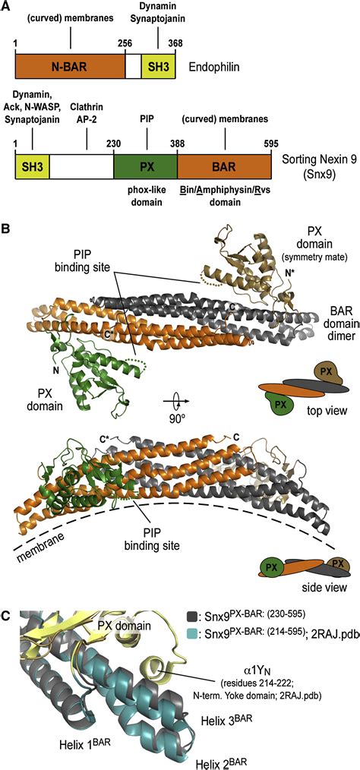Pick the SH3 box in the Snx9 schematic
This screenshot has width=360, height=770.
point(32,165)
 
